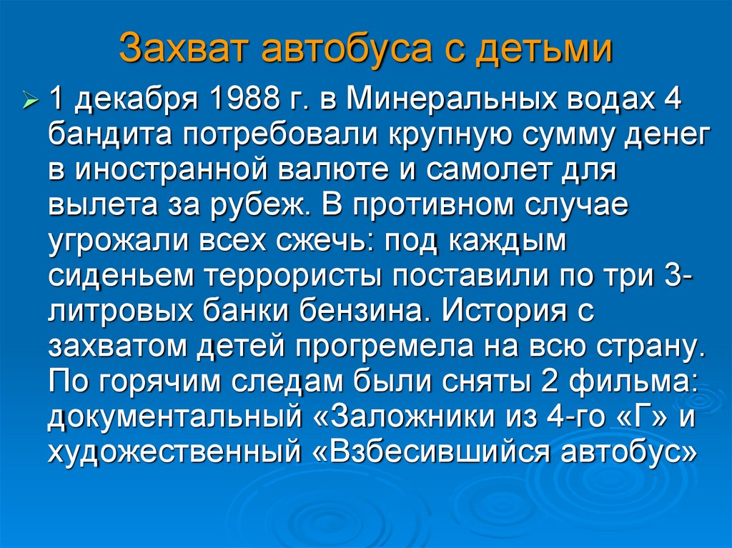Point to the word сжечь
coord(326,241)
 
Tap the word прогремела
coord(384,344)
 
